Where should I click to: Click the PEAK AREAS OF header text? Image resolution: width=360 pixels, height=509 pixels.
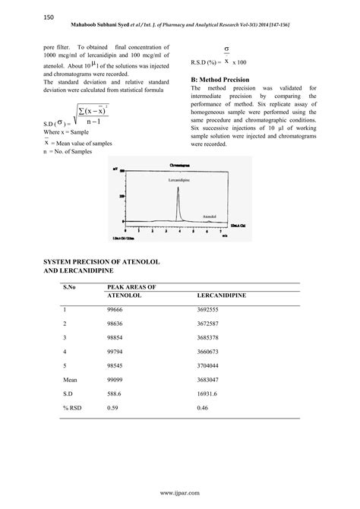(131, 286)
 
